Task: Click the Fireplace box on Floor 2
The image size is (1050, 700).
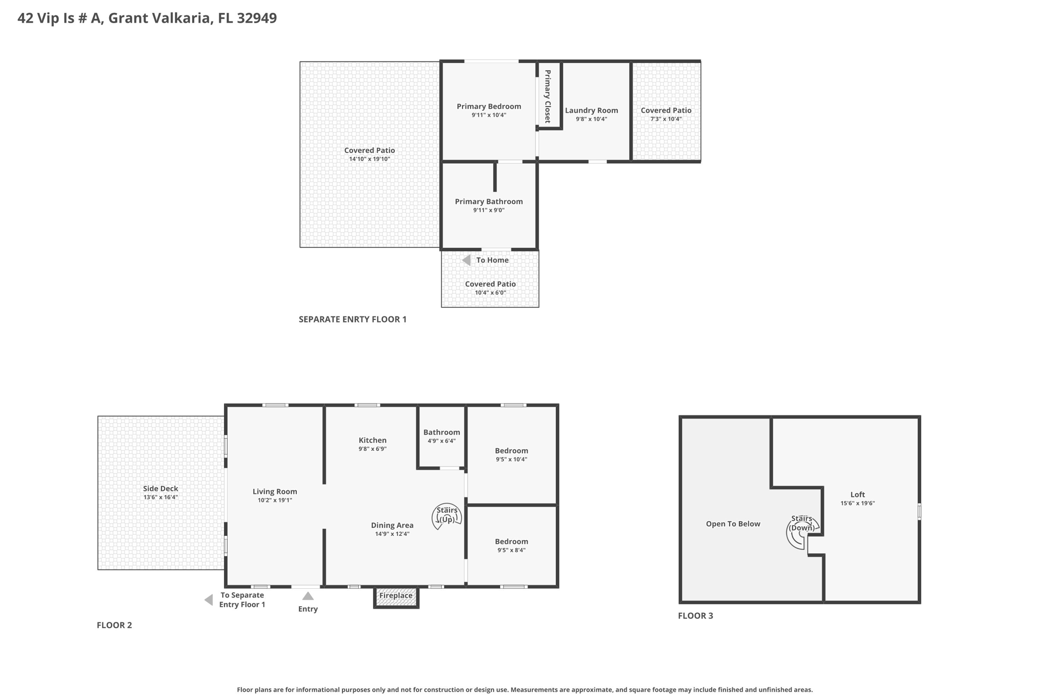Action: [x=396, y=597]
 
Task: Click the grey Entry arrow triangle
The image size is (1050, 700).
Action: [x=308, y=596]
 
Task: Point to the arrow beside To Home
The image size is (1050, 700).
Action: [x=467, y=261]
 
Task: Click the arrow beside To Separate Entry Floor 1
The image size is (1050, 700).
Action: [x=209, y=600]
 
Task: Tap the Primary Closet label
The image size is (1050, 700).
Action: [x=548, y=96]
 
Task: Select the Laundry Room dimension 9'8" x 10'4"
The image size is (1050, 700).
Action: [x=591, y=119]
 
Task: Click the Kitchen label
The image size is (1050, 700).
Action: [x=373, y=440]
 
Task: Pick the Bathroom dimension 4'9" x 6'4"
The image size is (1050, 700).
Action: [x=441, y=441]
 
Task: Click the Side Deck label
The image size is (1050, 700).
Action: [x=160, y=489]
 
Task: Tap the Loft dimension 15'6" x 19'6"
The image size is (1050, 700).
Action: [x=858, y=504]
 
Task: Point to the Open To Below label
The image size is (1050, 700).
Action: [x=733, y=524]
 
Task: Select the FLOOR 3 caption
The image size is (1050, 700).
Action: [x=696, y=616]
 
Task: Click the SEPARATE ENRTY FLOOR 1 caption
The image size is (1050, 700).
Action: [x=353, y=319]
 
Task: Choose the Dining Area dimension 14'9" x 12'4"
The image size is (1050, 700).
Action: [x=392, y=534]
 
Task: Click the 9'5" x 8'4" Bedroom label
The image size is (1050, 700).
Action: [x=512, y=542]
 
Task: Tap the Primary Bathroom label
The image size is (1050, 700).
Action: [x=489, y=202]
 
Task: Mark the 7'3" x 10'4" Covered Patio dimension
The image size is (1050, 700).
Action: [x=666, y=119]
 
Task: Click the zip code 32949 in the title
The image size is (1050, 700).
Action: [x=257, y=18]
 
